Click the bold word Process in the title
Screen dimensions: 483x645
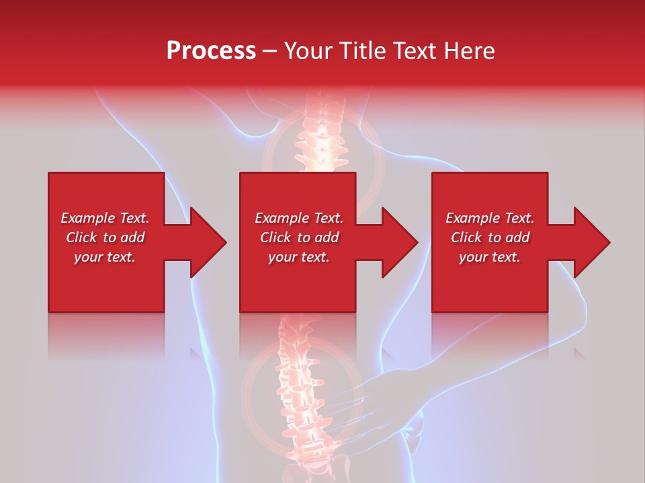[x=211, y=51]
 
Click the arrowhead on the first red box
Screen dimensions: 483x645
[x=205, y=242]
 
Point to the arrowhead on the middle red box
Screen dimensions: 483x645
[x=397, y=242]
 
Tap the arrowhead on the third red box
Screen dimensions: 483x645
[x=589, y=242]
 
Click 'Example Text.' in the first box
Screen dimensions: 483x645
[x=105, y=218]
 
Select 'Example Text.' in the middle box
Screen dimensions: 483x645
[x=299, y=218]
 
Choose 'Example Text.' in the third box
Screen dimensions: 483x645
[x=490, y=218]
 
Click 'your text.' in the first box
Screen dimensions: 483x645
[x=105, y=257]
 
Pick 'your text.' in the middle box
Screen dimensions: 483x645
[x=299, y=257]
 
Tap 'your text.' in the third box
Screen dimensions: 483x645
[x=490, y=257]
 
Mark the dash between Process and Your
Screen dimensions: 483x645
[x=270, y=51]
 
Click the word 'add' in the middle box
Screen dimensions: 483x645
[x=327, y=237]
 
